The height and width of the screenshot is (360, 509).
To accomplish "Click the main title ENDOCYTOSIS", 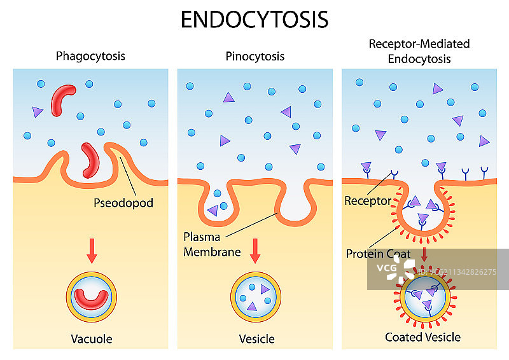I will (x=254, y=19).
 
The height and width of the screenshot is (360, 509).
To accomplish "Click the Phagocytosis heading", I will (x=90, y=56).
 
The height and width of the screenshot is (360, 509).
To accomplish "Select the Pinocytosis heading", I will (x=254, y=56).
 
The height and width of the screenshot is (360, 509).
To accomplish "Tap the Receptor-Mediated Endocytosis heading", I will (x=419, y=51).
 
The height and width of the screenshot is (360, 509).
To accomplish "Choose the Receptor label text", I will (x=368, y=201).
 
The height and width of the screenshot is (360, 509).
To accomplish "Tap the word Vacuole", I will (x=91, y=338).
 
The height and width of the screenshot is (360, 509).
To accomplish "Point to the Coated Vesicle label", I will (x=422, y=336).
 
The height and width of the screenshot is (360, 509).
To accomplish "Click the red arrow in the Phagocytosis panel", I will (x=92, y=252).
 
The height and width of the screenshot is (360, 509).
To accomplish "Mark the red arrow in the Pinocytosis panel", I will (x=255, y=249).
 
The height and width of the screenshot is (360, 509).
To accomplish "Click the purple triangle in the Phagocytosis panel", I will (x=38, y=112).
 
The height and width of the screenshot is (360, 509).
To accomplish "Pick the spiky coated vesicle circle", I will (x=422, y=298).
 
